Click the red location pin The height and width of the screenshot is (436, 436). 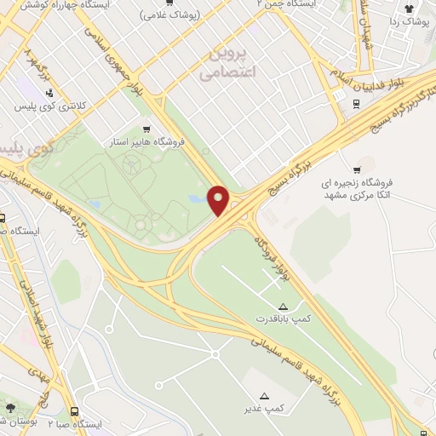pos(219,199)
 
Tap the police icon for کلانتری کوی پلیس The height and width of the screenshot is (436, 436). pos(50,93)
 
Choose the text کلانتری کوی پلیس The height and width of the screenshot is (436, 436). pos(52,107)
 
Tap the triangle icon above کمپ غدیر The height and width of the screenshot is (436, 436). pos(264,395)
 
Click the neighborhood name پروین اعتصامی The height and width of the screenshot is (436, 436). pos(228,63)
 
